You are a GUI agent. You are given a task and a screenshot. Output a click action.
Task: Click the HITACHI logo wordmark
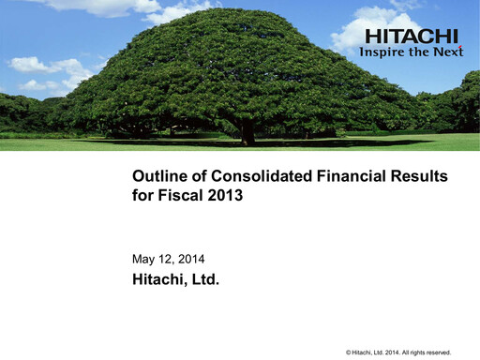tap(412, 37)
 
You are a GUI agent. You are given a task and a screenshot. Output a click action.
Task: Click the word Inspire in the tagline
tap(384, 52)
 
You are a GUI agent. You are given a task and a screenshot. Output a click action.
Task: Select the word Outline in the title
tap(158, 176)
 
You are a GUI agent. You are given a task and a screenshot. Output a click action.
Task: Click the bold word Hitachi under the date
tap(158, 278)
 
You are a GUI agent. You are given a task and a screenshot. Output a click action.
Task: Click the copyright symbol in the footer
tap(349, 352)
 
